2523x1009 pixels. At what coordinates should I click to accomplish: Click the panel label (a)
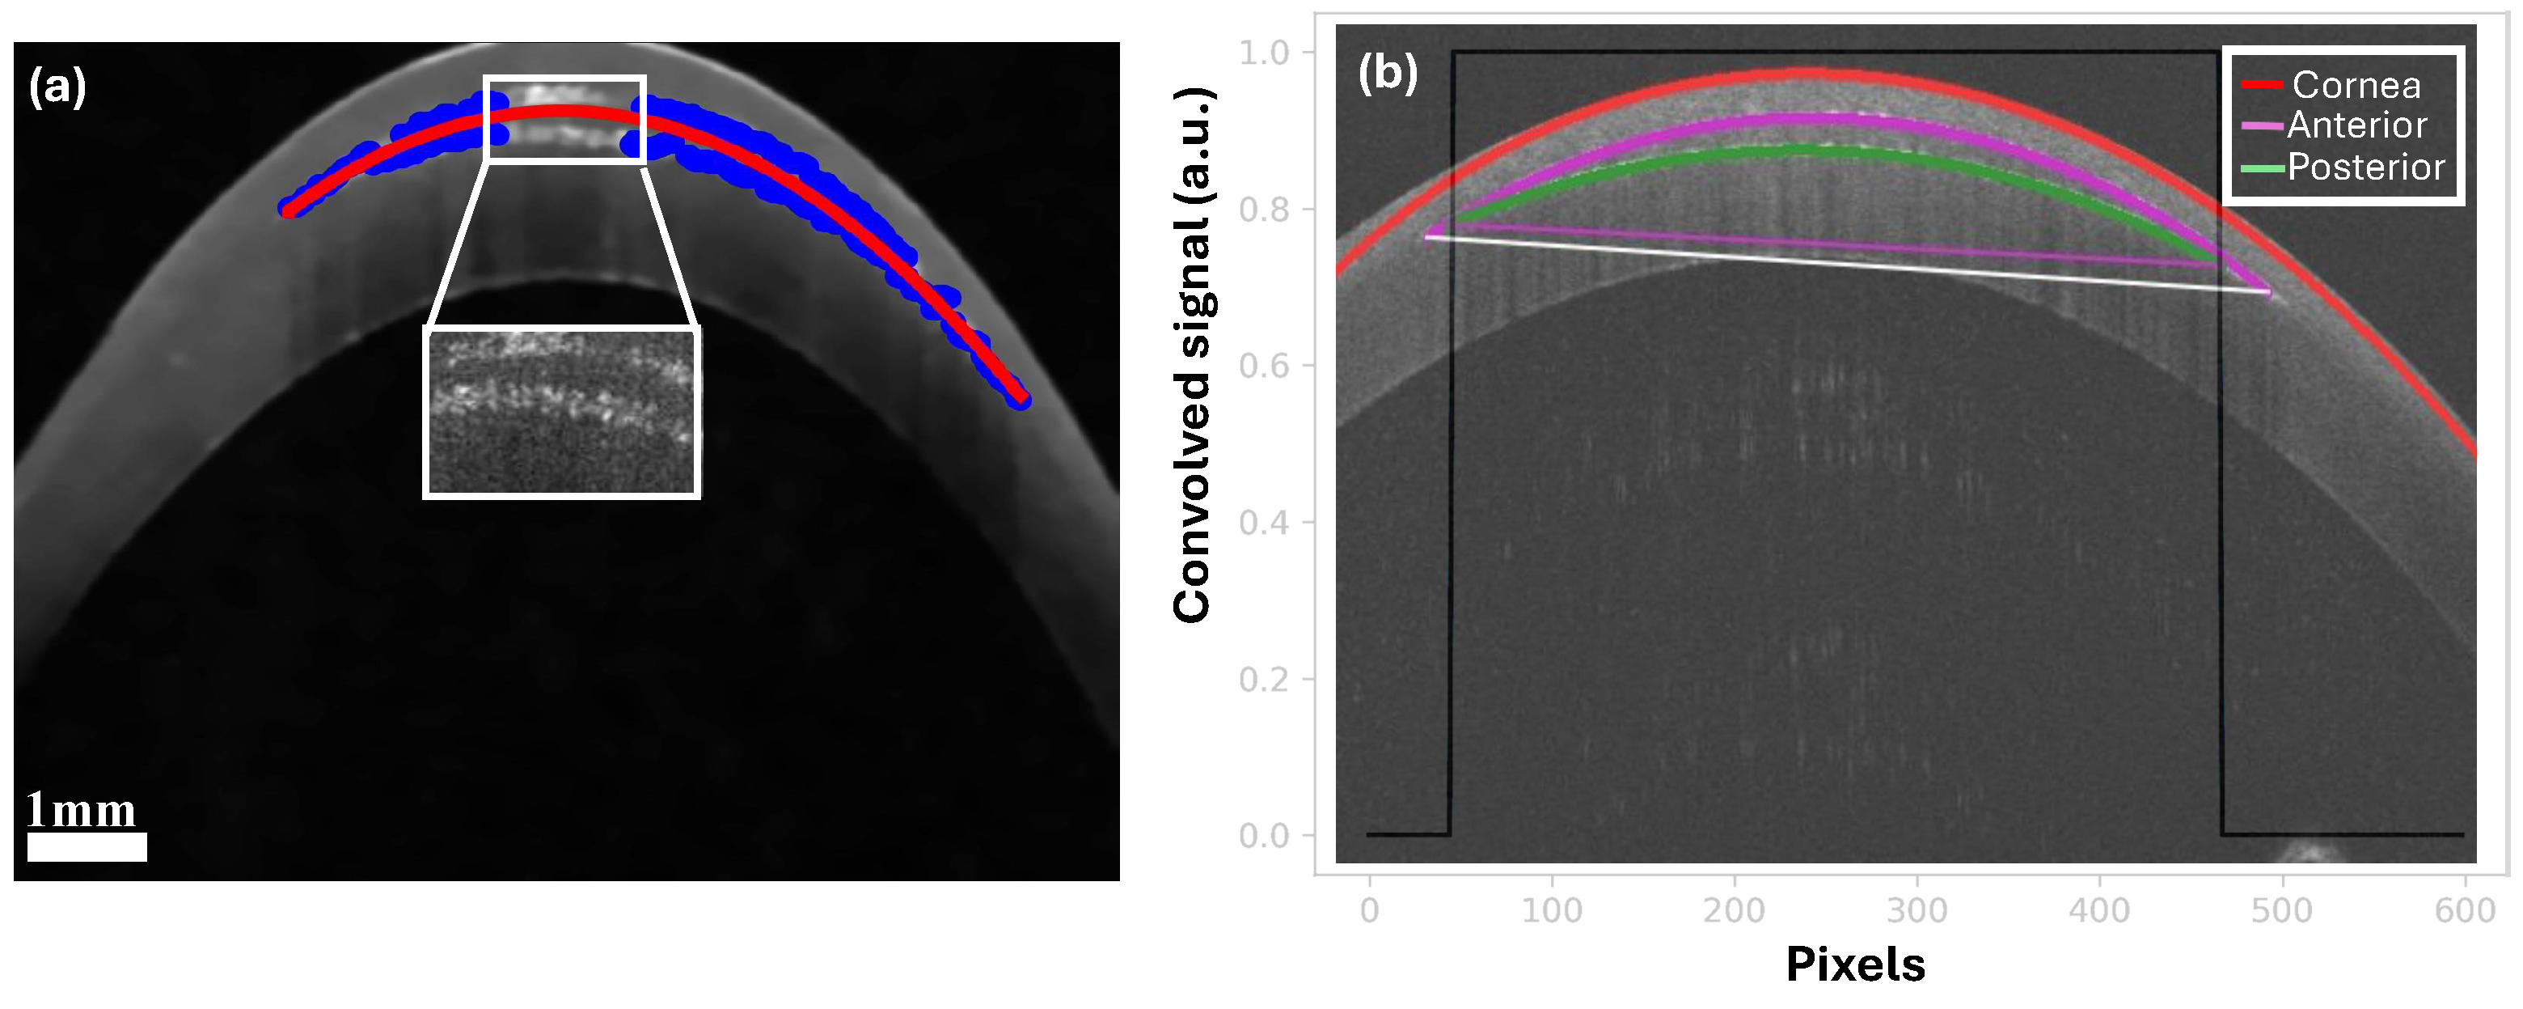[57, 87]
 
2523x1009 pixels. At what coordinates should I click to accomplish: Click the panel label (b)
[1387, 73]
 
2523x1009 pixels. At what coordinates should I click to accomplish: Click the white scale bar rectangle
[87, 846]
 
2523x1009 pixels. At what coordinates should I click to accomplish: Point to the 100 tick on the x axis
[1552, 911]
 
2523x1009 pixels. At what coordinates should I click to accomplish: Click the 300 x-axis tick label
[1917, 911]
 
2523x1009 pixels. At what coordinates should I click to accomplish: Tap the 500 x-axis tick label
[2282, 911]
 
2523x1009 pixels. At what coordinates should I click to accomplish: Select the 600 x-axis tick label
[2464, 911]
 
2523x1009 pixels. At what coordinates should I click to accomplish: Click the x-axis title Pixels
[1855, 965]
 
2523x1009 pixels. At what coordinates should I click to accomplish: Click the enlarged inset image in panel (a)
[561, 411]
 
